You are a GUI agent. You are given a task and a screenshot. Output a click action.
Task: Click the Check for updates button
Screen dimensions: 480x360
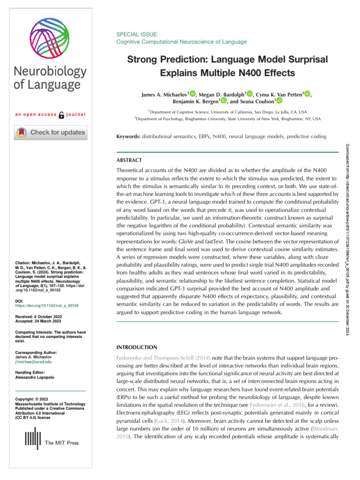(50, 133)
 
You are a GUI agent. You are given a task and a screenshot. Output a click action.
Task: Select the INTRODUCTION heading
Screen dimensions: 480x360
(136, 347)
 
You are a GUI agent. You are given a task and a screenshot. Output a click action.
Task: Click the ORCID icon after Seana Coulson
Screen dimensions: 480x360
(280, 101)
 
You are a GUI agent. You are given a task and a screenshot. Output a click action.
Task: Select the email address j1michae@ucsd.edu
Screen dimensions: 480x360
(32, 362)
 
